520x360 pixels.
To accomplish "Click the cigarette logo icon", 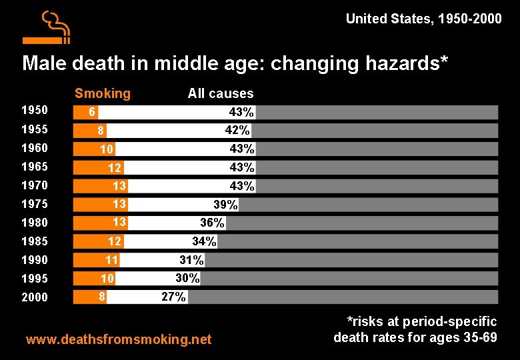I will (47, 27).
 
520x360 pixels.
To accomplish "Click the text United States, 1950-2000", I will (423, 19).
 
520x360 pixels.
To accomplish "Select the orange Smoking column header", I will (103, 93).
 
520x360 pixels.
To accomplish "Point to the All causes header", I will (221, 93).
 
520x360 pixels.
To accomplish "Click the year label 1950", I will (35, 111).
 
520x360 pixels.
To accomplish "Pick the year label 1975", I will (35, 204).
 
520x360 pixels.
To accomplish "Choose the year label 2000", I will (35, 297).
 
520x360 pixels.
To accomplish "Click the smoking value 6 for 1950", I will (93, 113).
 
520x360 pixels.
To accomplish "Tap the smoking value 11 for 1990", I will (111, 260).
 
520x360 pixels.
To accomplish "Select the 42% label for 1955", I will (237, 130).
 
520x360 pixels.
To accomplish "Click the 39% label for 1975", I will (225, 205).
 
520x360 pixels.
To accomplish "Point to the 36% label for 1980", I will (212, 223).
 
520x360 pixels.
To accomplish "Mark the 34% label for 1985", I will (204, 241).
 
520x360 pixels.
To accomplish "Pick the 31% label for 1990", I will (191, 260).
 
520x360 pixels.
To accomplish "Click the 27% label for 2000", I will (173, 297).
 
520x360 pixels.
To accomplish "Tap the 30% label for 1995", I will (187, 278).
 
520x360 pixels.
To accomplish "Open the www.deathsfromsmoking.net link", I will (118, 340).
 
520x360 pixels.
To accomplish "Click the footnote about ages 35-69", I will (415, 330).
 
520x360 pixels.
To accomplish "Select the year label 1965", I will (35, 167).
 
